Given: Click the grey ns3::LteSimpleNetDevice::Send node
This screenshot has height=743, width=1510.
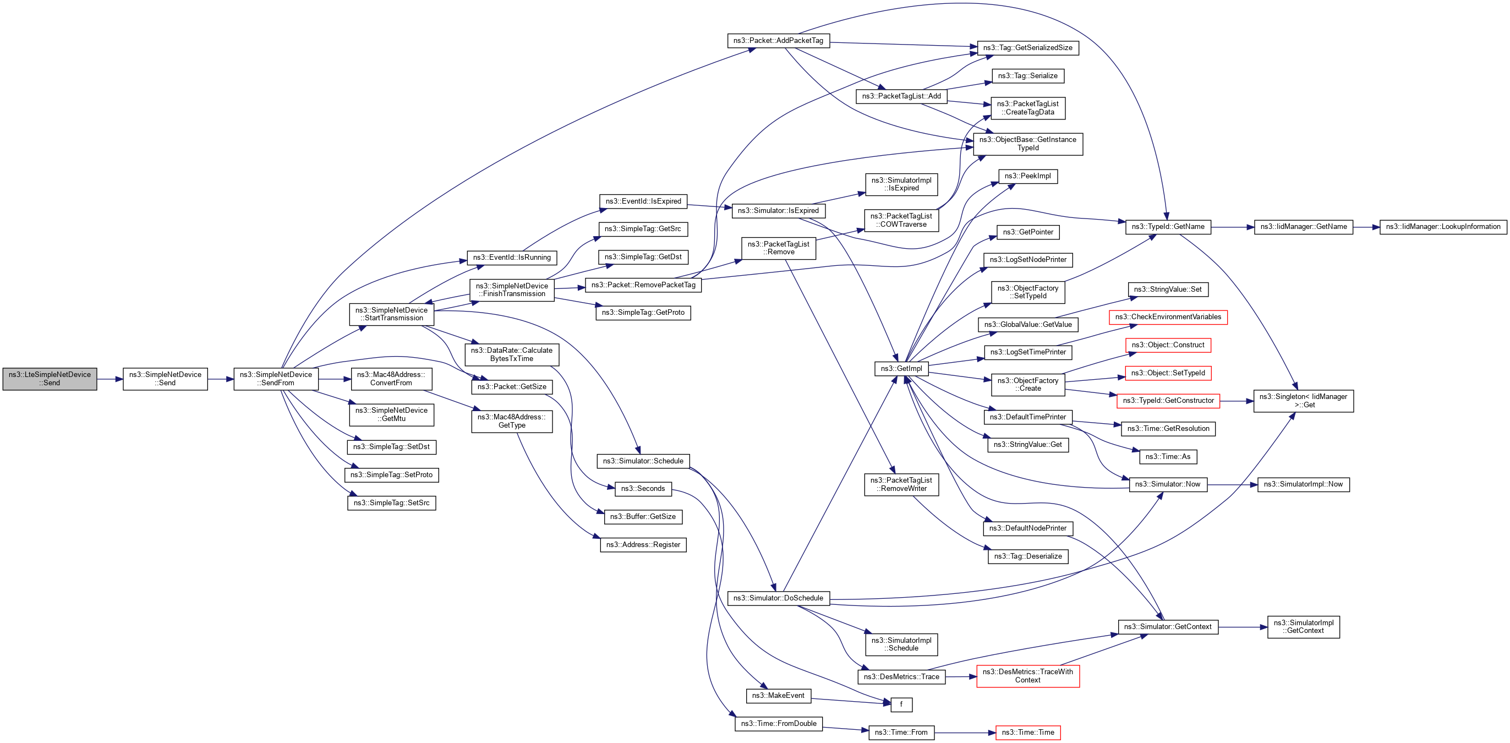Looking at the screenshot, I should tap(50, 379).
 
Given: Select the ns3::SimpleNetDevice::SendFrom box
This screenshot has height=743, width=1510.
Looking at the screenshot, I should tap(276, 379).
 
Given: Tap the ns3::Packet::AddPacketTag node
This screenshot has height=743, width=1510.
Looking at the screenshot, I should tap(778, 41).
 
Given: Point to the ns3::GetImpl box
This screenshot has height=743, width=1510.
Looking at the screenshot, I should tap(901, 368).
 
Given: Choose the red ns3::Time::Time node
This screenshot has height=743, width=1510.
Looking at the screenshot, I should tap(1027, 733).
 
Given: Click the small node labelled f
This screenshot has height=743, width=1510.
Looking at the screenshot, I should tap(901, 704).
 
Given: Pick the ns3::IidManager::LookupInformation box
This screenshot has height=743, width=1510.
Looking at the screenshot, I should tap(1443, 227).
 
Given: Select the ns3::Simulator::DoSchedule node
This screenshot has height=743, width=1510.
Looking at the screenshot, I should tap(778, 598).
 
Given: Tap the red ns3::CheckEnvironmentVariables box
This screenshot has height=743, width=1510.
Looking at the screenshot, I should tap(1168, 317).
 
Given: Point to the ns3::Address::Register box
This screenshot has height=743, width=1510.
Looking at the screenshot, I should tap(643, 545).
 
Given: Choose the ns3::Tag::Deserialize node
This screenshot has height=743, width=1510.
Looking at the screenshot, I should tap(1027, 556).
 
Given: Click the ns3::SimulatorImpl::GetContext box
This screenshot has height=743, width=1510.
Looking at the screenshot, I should tap(1303, 627).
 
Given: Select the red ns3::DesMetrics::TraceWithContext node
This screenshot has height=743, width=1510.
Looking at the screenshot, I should tap(1027, 676).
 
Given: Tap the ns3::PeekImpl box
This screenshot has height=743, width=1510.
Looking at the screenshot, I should tap(1027, 176).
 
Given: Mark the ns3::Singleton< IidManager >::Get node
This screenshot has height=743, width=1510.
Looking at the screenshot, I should tap(1303, 401).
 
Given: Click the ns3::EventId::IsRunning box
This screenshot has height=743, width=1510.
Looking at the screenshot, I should tap(512, 258).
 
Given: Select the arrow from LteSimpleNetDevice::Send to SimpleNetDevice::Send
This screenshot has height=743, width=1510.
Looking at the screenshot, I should tap(110, 379).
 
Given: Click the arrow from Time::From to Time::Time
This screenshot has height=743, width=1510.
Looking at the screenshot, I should tap(965, 733).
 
